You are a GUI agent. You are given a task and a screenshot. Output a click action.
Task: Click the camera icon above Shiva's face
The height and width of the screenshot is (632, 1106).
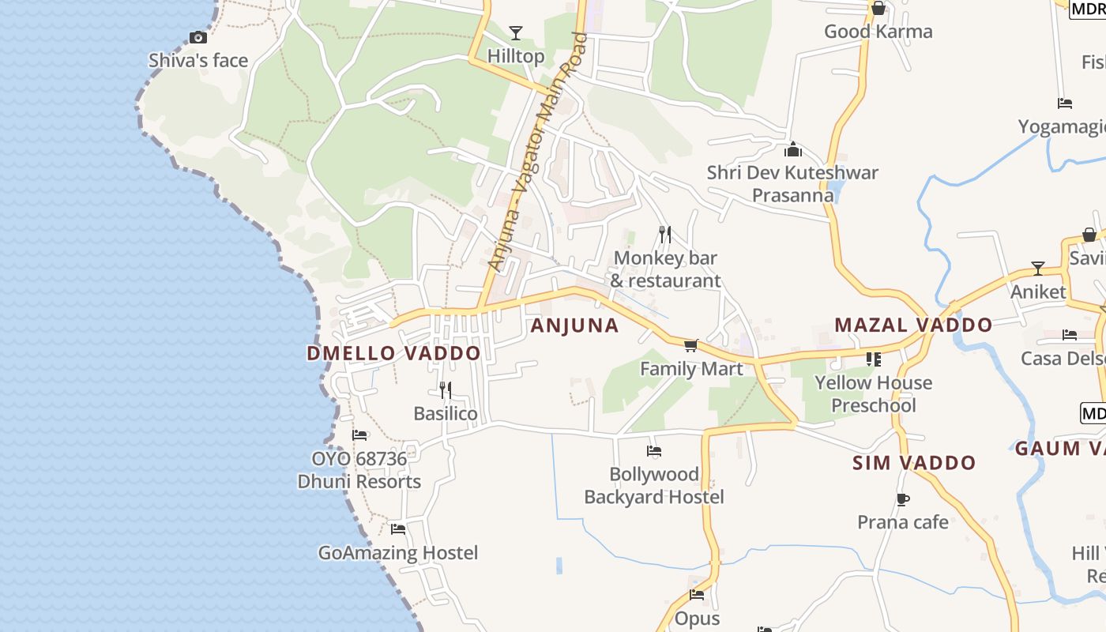[x=198, y=37]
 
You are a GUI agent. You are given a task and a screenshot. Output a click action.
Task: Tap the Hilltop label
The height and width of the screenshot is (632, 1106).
[x=516, y=57]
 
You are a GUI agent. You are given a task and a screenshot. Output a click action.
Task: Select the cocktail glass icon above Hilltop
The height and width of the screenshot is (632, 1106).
[x=516, y=33]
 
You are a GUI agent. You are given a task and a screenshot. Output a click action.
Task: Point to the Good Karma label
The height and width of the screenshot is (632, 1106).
[x=878, y=32]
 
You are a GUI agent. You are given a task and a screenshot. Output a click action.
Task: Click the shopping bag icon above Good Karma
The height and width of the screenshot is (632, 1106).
[x=878, y=9]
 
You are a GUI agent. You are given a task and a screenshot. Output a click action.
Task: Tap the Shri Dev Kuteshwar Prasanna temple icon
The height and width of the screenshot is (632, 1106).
[x=793, y=149]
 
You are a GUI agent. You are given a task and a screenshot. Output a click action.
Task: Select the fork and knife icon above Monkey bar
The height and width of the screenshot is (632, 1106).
[x=665, y=235]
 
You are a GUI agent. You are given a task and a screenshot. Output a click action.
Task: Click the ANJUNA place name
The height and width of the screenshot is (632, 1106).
[x=574, y=325]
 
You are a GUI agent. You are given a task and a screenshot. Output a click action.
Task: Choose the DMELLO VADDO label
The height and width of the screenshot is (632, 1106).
[x=393, y=353]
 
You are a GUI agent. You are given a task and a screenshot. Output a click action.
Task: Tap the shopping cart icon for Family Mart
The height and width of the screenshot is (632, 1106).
[x=691, y=345]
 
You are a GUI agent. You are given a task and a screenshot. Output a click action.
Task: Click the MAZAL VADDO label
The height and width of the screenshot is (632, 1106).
[x=913, y=325]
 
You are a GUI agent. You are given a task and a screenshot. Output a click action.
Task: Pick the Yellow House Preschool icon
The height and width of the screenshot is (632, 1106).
[x=873, y=359]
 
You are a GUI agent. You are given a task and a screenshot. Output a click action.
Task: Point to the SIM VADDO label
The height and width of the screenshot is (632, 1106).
[x=914, y=463]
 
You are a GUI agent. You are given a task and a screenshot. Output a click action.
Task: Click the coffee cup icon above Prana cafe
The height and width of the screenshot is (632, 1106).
[x=903, y=499]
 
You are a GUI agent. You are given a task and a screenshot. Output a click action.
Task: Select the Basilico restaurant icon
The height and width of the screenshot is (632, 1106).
[x=446, y=390]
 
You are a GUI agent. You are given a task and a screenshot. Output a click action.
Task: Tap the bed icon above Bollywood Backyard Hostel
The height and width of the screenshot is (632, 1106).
[x=654, y=451]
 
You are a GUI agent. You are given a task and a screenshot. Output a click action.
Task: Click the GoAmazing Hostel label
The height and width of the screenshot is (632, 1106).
[x=398, y=553]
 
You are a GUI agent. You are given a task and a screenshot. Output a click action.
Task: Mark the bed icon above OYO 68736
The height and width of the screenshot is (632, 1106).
[x=359, y=435]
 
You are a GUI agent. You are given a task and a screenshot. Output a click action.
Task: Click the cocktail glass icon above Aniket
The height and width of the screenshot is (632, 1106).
[x=1038, y=269]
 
